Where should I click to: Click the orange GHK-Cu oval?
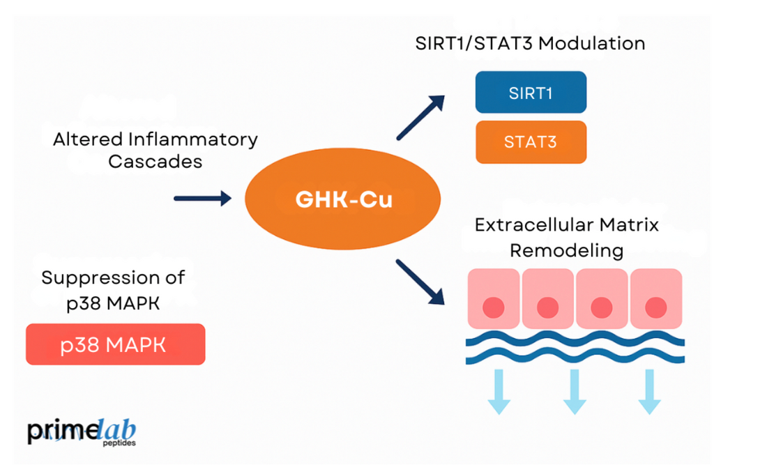pos(343,199)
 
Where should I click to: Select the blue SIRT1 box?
pos(531,93)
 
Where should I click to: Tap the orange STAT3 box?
pos(531,142)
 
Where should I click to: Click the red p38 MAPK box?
pos(115,344)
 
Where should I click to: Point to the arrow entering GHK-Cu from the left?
pos(202,199)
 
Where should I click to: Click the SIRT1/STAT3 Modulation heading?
pos(530,43)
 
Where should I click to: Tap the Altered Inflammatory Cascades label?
pos(155,150)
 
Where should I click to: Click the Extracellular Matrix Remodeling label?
pos(566,237)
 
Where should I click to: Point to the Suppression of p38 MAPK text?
pos(113,289)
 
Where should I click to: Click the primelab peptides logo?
pos(82,432)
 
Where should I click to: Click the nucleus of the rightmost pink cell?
pos(655,307)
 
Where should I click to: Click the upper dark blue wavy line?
pos(575,341)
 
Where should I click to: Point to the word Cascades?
pos(155,161)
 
